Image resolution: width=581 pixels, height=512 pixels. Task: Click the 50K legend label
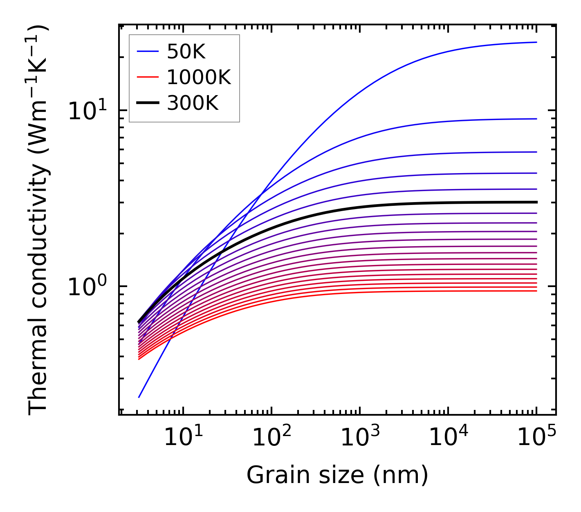click(186, 52)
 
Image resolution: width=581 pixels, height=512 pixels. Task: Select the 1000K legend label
click(199, 77)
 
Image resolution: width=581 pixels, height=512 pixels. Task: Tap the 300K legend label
click(193, 103)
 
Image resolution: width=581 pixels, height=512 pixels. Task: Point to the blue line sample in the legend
click(147, 52)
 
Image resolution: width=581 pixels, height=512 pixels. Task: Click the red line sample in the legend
click(147, 77)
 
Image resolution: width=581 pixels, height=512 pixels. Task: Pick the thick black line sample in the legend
click(147, 103)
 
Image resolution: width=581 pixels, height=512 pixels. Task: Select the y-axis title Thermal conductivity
click(39, 220)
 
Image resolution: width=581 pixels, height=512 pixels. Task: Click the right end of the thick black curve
click(536, 202)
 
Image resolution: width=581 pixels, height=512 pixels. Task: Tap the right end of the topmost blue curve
click(536, 42)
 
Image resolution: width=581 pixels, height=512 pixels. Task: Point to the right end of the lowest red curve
click(536, 291)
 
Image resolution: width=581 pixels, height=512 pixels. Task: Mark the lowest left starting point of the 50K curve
click(139, 397)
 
